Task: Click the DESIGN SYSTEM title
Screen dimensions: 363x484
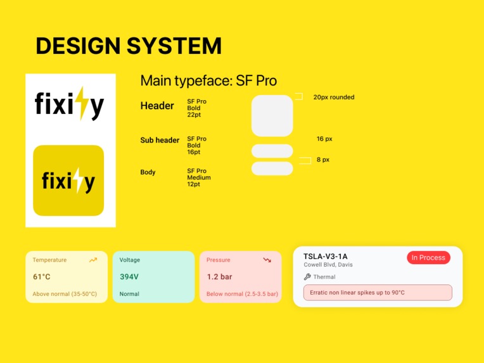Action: click(x=129, y=46)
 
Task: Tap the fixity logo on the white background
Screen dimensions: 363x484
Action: click(x=70, y=105)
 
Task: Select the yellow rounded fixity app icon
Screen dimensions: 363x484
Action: click(x=68, y=181)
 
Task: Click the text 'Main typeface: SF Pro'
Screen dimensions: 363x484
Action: click(x=208, y=81)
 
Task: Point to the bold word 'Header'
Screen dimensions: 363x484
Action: click(x=157, y=106)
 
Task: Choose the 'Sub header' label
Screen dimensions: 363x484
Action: click(x=160, y=140)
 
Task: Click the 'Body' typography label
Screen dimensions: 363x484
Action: click(x=148, y=172)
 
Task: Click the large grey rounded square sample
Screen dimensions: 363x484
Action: click(x=272, y=115)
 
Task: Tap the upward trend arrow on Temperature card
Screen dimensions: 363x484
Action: click(x=93, y=260)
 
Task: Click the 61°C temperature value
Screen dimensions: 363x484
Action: click(x=42, y=277)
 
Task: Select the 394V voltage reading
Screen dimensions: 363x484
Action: click(x=129, y=277)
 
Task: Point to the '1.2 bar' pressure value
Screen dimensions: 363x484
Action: click(x=219, y=277)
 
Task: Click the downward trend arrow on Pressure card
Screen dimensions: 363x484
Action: click(x=267, y=260)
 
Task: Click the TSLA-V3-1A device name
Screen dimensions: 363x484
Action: click(x=326, y=256)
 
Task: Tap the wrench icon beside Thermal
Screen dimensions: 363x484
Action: click(x=307, y=277)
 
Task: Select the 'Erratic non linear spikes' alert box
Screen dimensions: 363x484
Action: click(x=378, y=293)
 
